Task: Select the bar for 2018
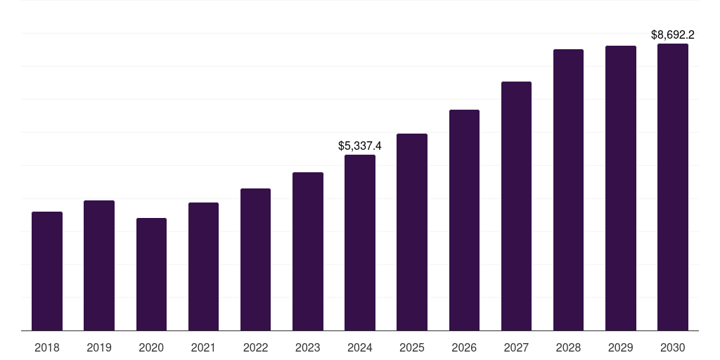pos(47,271)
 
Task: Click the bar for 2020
pos(152,274)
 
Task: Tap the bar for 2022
pos(255,259)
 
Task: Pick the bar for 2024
pos(360,243)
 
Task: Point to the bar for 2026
pos(464,220)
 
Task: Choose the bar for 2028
pos(568,190)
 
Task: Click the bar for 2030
pos(673,187)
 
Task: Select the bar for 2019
pos(99,265)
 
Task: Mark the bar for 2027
pos(516,206)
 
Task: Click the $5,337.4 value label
pos(360,146)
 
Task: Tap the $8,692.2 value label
pos(673,35)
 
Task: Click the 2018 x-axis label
pos(47,347)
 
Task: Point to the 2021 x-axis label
pos(203,347)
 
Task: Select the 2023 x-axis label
pos(308,347)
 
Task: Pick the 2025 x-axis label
pos(412,347)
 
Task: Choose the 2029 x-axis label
pos(621,347)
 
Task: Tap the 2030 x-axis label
pos(673,347)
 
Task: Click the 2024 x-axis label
pos(360,347)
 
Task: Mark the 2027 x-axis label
pos(516,347)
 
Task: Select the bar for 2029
pos(621,188)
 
